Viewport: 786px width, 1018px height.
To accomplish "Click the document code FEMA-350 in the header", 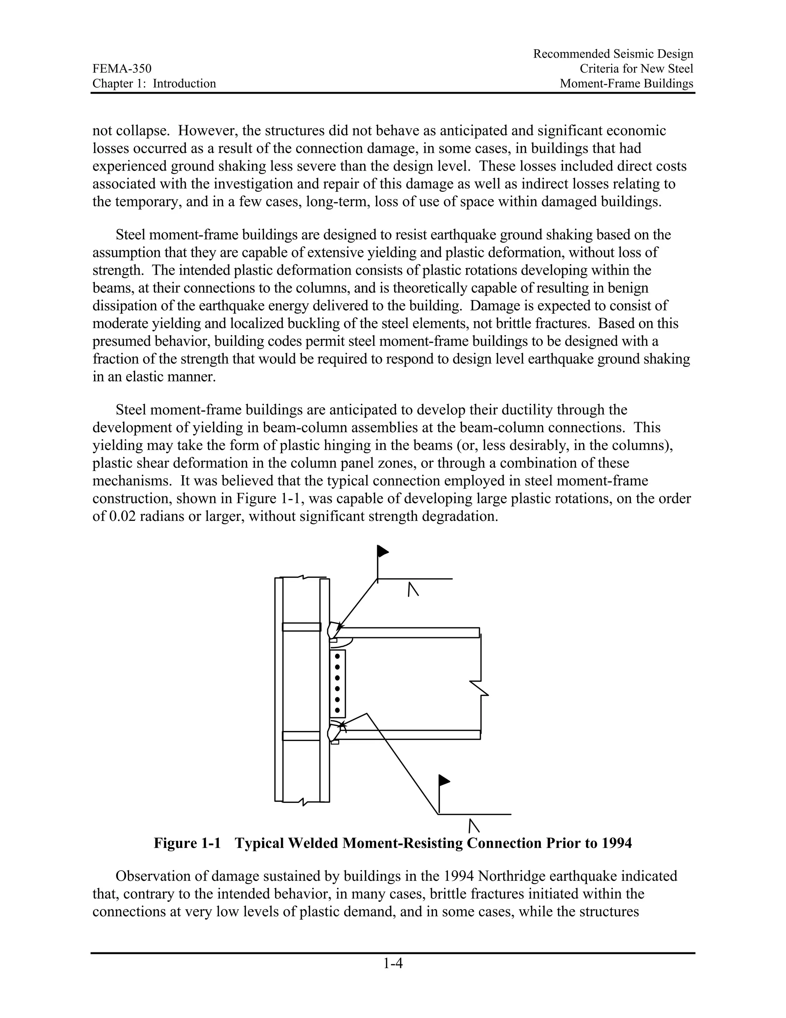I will coord(122,69).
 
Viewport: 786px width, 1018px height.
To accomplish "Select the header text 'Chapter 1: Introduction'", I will coord(154,83).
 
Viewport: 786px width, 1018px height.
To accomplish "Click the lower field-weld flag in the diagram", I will coord(444,780).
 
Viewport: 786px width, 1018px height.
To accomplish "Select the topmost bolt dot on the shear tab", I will coord(337,656).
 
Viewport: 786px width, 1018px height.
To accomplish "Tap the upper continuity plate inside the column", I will coord(301,627).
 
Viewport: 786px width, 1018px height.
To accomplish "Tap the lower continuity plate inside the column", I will coord(301,736).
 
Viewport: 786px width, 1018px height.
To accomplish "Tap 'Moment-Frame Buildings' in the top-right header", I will coord(626,83).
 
